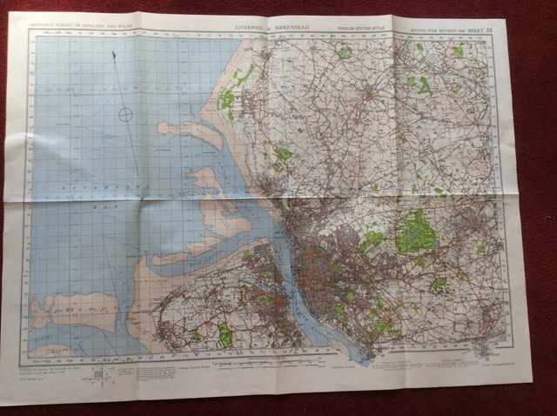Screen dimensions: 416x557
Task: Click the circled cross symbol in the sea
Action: [126, 112]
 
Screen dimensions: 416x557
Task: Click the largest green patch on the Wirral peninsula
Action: [225, 334]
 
